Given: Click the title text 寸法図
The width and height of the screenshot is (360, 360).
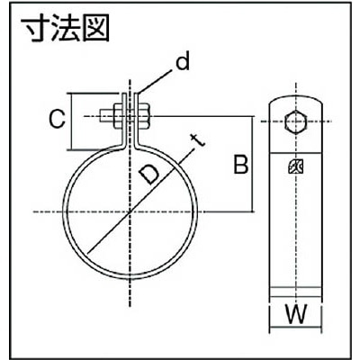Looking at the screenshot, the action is click(65, 29).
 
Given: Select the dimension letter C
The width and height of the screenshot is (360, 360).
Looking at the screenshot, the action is click(57, 119).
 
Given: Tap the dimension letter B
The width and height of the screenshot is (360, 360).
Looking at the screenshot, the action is click(241, 165).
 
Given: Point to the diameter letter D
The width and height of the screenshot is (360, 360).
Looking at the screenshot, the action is click(149, 174).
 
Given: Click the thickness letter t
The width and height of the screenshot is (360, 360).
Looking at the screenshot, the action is click(198, 141).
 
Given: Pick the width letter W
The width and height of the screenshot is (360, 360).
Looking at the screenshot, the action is click(296, 314).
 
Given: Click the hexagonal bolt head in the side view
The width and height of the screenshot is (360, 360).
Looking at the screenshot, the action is click(296, 121).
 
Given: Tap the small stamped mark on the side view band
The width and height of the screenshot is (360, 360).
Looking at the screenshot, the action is click(296, 166).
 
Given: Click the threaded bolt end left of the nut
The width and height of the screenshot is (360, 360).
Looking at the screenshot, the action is click(106, 116).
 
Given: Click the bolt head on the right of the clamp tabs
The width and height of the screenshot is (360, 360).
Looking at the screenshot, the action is click(144, 116).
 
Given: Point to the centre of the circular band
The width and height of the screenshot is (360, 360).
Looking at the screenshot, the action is click(130, 212).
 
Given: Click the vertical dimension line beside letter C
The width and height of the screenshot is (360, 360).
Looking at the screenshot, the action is click(71, 121).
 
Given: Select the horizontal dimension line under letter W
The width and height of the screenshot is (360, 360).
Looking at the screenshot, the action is click(296, 326).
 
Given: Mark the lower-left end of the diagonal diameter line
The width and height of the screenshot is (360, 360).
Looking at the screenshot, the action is click(87, 254).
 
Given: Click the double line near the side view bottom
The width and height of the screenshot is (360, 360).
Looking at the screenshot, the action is click(296, 292).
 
